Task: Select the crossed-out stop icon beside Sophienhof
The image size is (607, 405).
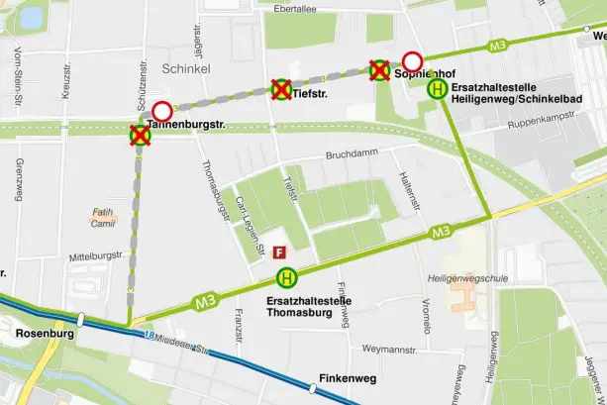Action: point(379,69)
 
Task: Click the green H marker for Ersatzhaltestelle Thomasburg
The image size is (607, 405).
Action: point(286,279)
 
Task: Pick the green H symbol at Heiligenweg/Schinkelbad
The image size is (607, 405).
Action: point(436,90)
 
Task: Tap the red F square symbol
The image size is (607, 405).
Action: point(280,253)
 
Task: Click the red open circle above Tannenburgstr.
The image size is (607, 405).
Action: point(161,110)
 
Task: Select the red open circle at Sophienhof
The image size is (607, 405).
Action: point(412,60)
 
